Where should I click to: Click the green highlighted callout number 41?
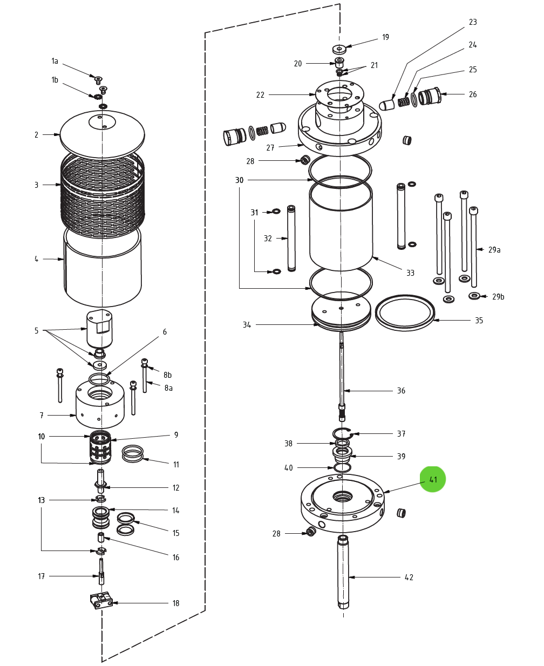pyautogui.click(x=433, y=479)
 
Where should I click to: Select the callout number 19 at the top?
pyautogui.click(x=385, y=37)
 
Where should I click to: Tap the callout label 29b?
pyautogui.click(x=498, y=296)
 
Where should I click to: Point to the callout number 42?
pyautogui.click(x=409, y=577)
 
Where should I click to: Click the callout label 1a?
pyautogui.click(x=55, y=61)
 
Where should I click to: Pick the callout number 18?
pyautogui.click(x=175, y=603)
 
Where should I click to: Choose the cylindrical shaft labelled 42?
pyautogui.click(x=343, y=572)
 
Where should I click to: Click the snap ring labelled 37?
pyautogui.click(x=342, y=433)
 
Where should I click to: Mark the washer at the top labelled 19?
pyautogui.click(x=339, y=49)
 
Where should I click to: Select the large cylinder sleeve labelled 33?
pyautogui.click(x=341, y=227)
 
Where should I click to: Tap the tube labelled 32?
pyautogui.click(x=291, y=238)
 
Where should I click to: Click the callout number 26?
pyautogui.click(x=473, y=94)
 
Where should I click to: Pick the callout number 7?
pyautogui.click(x=42, y=416)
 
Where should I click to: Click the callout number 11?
pyautogui.click(x=176, y=465)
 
